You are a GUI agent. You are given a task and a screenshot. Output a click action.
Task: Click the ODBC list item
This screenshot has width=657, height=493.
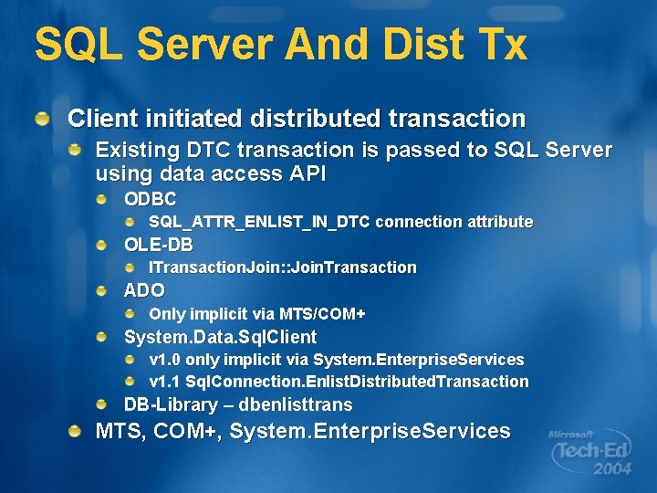coord(151,198)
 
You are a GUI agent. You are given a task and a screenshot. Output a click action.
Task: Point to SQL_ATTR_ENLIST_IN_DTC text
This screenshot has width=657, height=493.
coord(259,222)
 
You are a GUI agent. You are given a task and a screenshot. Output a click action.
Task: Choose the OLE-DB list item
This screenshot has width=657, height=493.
coord(159,245)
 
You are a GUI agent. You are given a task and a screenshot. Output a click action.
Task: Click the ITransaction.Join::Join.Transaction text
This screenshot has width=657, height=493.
coord(282,267)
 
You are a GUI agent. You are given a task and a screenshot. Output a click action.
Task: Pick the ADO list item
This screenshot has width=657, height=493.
coord(144,290)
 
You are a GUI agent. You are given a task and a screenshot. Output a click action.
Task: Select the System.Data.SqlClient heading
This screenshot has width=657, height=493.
coord(220,337)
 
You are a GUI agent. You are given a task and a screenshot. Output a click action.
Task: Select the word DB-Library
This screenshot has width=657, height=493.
coord(171,404)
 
